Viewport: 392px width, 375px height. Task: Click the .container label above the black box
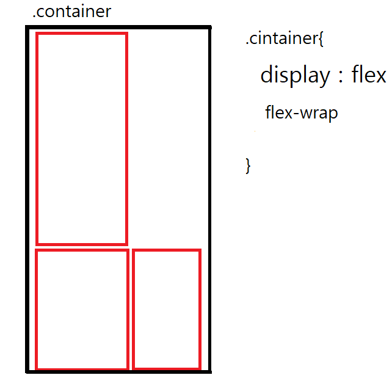tap(71, 11)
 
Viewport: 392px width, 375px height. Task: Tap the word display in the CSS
tap(294, 75)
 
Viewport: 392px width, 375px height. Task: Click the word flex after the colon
tap(369, 75)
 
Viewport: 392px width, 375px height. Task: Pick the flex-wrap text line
tap(302, 113)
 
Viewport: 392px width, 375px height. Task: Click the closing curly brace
tap(248, 166)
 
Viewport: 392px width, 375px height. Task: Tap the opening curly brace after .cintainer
tap(321, 40)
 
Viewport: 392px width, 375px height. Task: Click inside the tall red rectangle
tap(82, 139)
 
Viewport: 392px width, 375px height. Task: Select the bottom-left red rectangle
tap(82, 309)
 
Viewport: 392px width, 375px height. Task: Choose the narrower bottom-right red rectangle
tap(167, 309)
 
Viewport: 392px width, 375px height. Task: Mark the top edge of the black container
tap(118, 27)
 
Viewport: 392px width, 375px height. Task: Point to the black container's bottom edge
tap(118, 371)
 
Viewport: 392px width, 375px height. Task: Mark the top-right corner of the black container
tap(209, 27)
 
